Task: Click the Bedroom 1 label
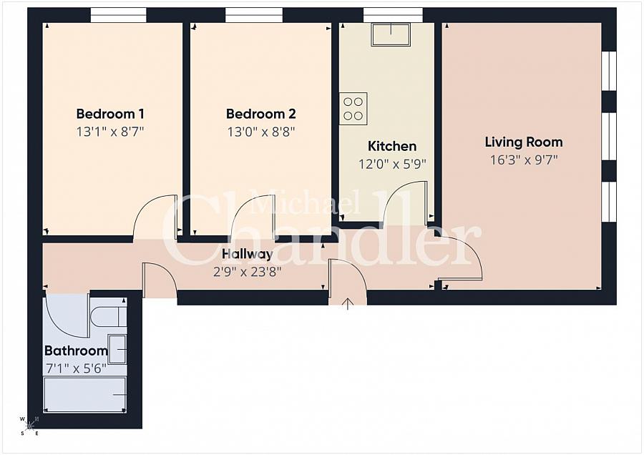110,114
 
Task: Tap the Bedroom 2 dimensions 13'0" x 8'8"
260,132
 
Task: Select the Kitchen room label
391,146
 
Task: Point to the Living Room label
523,142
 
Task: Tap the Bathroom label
76,351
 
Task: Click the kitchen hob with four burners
353,108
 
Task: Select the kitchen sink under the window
390,34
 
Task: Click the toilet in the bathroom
109,315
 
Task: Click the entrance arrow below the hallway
348,304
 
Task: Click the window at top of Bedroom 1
118,15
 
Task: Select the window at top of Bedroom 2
253,15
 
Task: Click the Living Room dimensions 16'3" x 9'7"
523,160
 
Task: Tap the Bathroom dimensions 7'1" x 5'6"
76,369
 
